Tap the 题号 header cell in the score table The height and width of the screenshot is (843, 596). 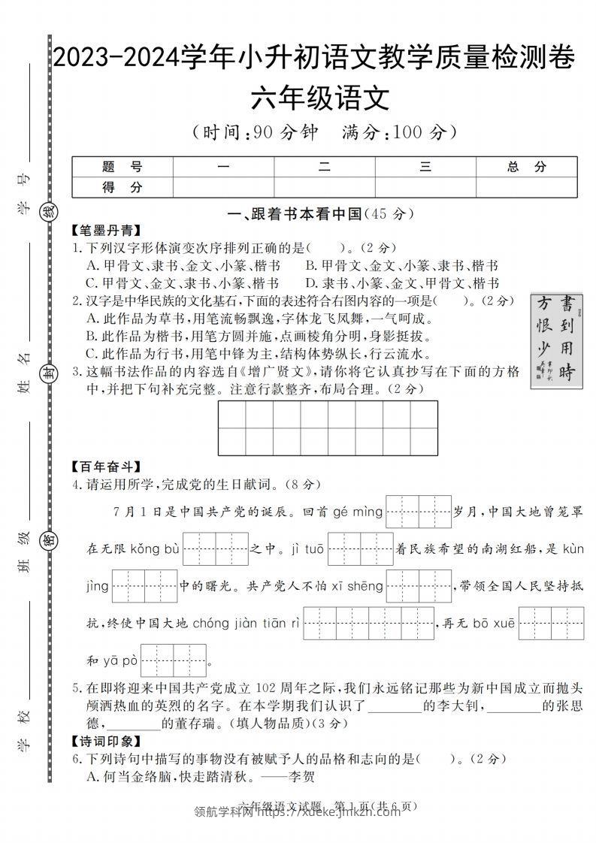(x=122, y=167)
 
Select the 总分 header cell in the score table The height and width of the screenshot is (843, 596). (x=526, y=167)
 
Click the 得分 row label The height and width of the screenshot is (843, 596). (x=122, y=187)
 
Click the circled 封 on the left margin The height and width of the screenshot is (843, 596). (x=49, y=374)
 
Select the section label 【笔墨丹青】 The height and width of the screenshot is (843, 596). (x=106, y=231)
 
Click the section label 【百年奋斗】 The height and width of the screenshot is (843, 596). (x=106, y=467)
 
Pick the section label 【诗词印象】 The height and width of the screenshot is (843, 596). (x=106, y=741)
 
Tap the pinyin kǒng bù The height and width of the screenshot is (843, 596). (x=155, y=549)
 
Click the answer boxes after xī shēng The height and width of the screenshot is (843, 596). (x=418, y=586)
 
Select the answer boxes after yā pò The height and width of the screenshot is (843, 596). (x=174, y=660)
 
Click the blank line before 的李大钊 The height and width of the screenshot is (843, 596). (x=395, y=707)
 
